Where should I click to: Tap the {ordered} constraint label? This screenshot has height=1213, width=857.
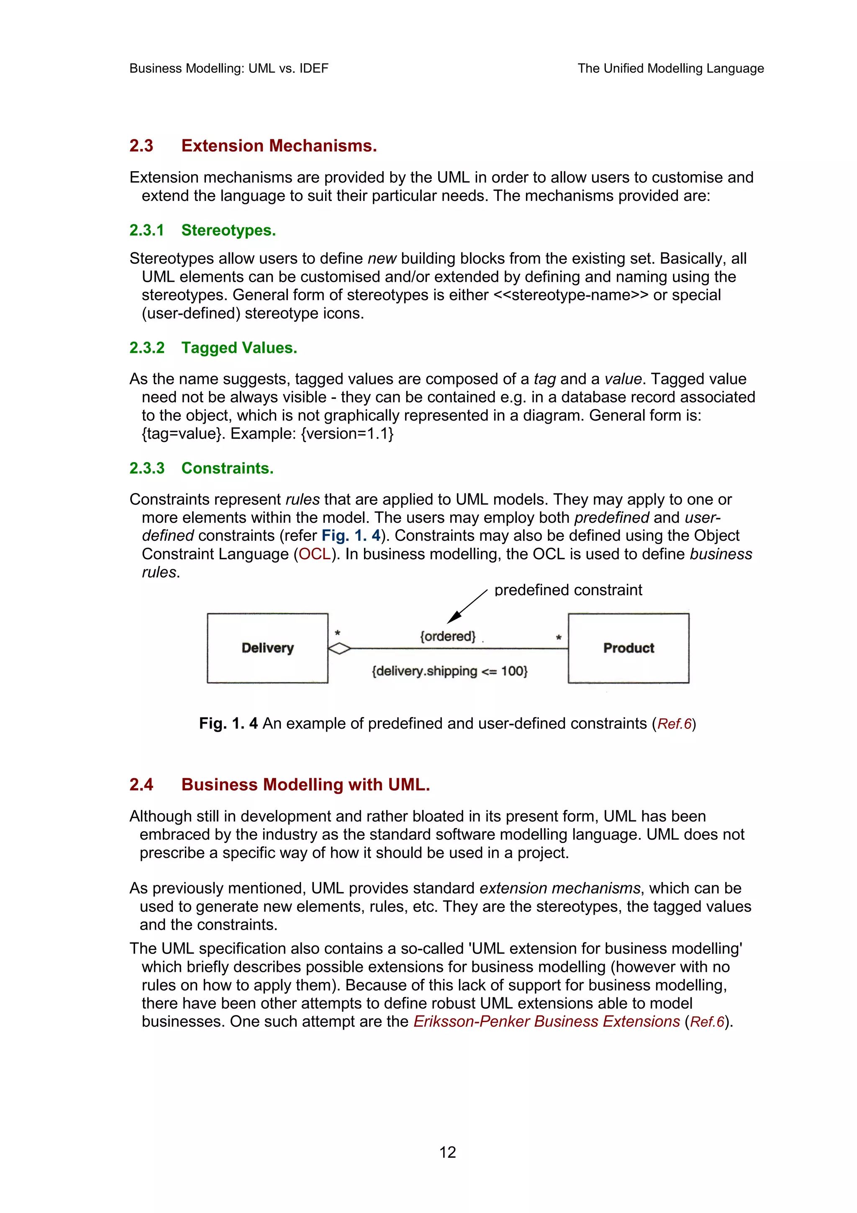click(x=448, y=636)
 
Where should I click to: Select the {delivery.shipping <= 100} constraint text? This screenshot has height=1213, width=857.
click(x=449, y=671)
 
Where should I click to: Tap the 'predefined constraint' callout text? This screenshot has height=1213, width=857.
click(x=568, y=590)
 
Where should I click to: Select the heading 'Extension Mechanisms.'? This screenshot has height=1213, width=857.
click(x=279, y=146)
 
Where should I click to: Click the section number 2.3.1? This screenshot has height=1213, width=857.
click(x=147, y=230)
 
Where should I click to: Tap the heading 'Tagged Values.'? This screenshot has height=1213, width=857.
click(x=239, y=348)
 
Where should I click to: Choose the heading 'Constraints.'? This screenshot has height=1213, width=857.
click(x=228, y=468)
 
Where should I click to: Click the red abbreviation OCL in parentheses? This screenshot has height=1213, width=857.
click(x=315, y=554)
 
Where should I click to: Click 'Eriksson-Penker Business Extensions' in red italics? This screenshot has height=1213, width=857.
click(x=547, y=1021)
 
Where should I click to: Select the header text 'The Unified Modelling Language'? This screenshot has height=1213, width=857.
click(x=671, y=69)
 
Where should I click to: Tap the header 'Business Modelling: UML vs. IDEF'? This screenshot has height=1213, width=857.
click(x=228, y=69)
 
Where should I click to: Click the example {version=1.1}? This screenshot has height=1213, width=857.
click(x=347, y=434)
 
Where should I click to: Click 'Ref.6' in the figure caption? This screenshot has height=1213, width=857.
click(x=674, y=724)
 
